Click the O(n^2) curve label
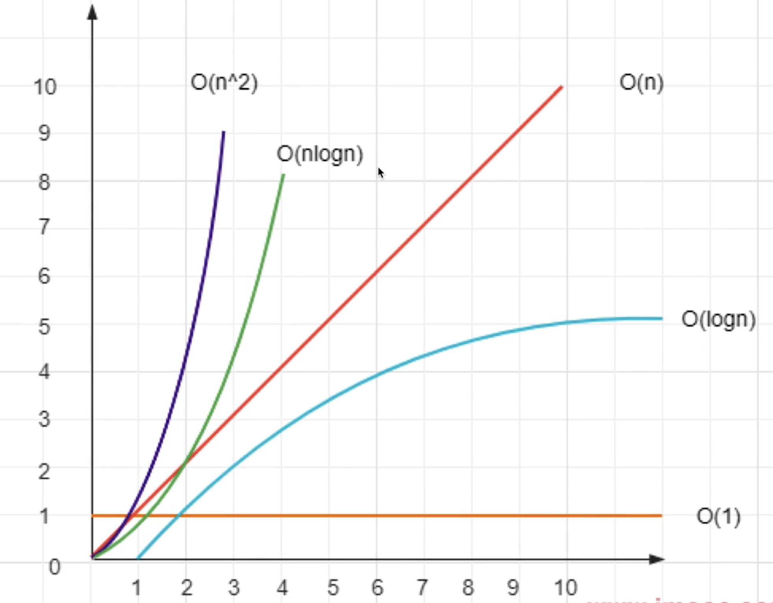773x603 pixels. pos(224,83)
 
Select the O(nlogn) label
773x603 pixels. pos(320,154)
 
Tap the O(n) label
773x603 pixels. pos(641,83)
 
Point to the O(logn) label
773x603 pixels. pos(718,319)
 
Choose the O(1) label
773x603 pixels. pos(718,516)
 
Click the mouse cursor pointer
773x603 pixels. pos(380,172)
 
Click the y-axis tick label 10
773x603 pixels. pos(45,87)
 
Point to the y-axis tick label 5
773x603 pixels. pos(44,327)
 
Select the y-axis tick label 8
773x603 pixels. pos(44,182)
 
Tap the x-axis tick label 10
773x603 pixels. pos(565,588)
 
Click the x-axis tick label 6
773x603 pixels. pos(377,588)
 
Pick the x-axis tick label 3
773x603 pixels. pos(234,588)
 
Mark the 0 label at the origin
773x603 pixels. pos(54,567)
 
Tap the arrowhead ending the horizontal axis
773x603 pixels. pos(656,559)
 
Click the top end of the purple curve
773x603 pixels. pos(223,132)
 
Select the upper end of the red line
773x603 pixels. pos(561,87)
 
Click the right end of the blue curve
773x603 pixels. pos(661,318)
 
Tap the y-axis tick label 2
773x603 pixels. pos(44,471)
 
